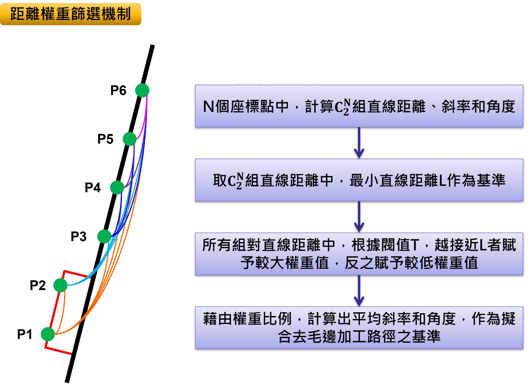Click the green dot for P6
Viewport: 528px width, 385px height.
pyautogui.click(x=142, y=90)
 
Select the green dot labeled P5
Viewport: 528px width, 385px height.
pyautogui.click(x=130, y=139)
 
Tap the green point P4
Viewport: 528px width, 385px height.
pyautogui.click(x=117, y=188)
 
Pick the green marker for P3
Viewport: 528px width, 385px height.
pyautogui.click(x=104, y=237)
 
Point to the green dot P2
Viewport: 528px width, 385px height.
pyautogui.click(x=60, y=285)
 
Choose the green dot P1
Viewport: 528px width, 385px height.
pyautogui.click(x=48, y=334)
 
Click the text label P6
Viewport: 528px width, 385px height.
pyautogui.click(x=118, y=90)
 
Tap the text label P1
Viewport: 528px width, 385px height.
pyautogui.click(x=25, y=334)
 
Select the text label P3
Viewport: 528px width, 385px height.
pyautogui.click(x=79, y=237)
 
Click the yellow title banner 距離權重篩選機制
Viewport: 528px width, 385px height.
pyautogui.click(x=70, y=14)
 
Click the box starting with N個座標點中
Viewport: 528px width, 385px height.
pyautogui.click(x=359, y=106)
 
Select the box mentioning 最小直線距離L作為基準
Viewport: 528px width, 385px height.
pyautogui.click(x=359, y=180)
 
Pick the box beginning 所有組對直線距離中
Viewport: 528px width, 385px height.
pyautogui.click(x=359, y=254)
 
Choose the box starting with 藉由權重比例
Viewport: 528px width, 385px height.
pyautogui.click(x=359, y=328)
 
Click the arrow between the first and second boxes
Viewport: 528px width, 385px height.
pyautogui.click(x=359, y=143)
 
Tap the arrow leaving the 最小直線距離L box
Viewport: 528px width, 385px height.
pyautogui.click(x=359, y=217)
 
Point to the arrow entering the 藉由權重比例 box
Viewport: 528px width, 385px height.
pyautogui.click(x=359, y=291)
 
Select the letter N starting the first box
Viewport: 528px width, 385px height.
pyautogui.click(x=208, y=107)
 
